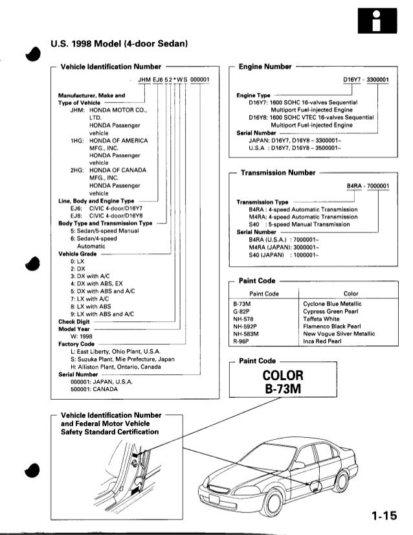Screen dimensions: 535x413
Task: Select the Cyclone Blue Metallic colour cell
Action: (332, 304)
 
